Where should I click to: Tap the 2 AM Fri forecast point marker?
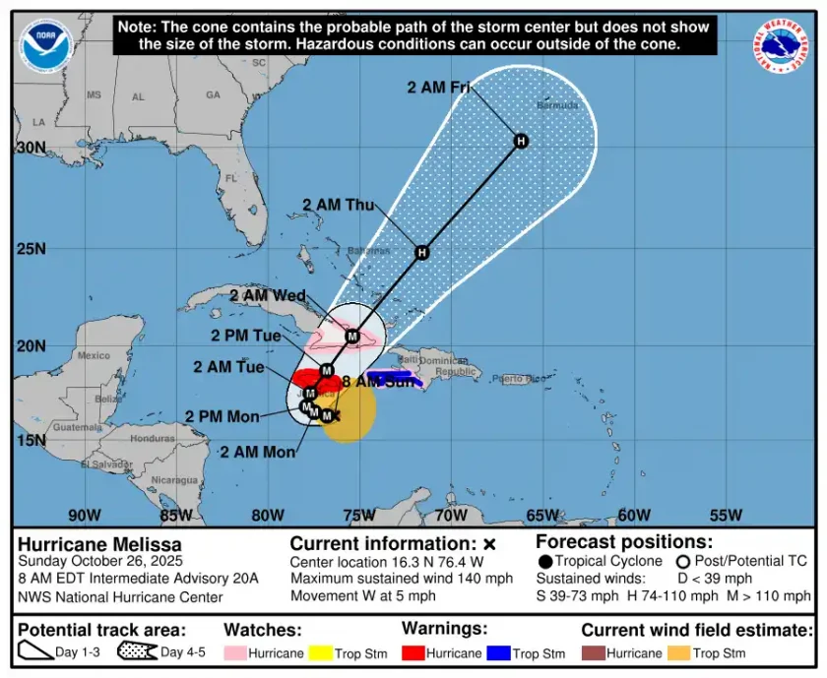(x=521, y=141)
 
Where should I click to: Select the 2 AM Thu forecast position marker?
(x=421, y=253)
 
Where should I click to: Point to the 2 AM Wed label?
(x=268, y=295)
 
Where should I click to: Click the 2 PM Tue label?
(x=246, y=336)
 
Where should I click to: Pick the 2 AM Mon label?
(x=257, y=452)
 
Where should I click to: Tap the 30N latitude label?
(x=31, y=148)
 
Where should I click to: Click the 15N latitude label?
(x=31, y=440)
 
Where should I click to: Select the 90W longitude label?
(x=85, y=515)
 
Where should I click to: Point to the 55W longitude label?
(x=726, y=515)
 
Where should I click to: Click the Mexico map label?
(x=95, y=355)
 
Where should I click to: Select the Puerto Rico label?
(x=518, y=379)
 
